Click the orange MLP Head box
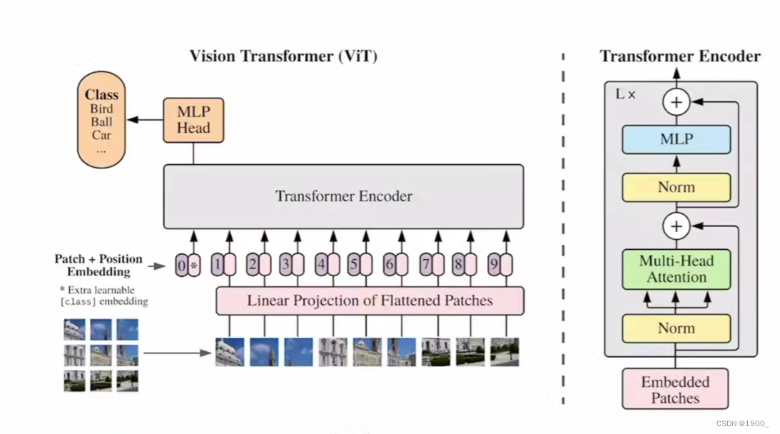[193, 120]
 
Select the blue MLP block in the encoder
[677, 139]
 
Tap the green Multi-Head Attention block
[677, 269]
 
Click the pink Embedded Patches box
[676, 389]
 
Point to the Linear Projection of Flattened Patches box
[370, 301]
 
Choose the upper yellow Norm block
[677, 188]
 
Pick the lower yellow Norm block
[677, 328]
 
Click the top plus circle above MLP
[677, 102]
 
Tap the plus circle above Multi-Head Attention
[677, 226]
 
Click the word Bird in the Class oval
[101, 109]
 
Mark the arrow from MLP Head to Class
[146, 119]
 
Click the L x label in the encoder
[625, 94]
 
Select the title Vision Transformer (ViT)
[283, 56]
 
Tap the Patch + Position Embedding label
[98, 266]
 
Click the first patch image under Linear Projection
[230, 353]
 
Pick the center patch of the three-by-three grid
[101, 355]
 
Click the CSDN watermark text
[742, 423]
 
